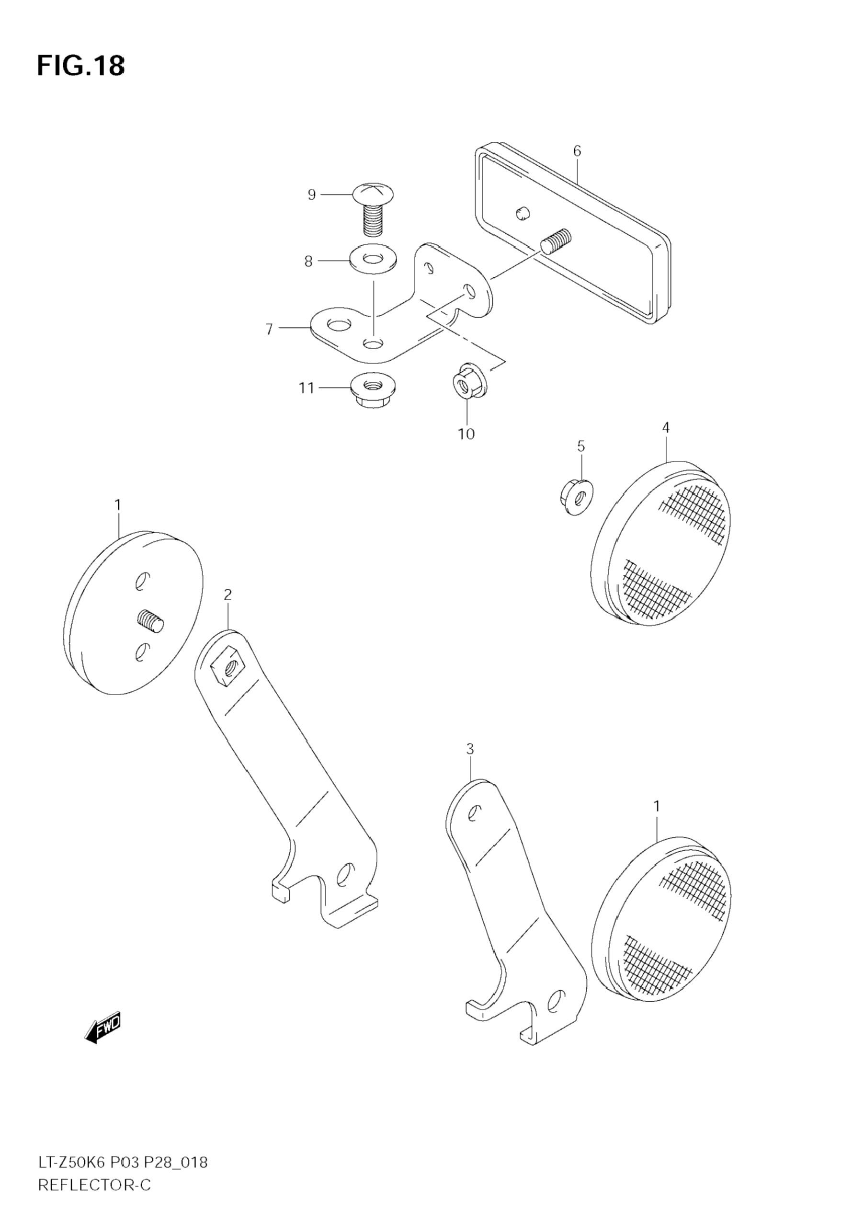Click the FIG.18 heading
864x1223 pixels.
coord(81,67)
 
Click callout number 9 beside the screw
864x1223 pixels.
coord(312,195)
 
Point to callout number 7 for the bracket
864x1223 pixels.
coord(270,329)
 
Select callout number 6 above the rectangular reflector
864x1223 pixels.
coord(578,151)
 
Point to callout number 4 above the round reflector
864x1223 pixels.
coord(666,427)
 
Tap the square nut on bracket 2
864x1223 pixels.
coord(227,668)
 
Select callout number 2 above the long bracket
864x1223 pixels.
coord(227,594)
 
